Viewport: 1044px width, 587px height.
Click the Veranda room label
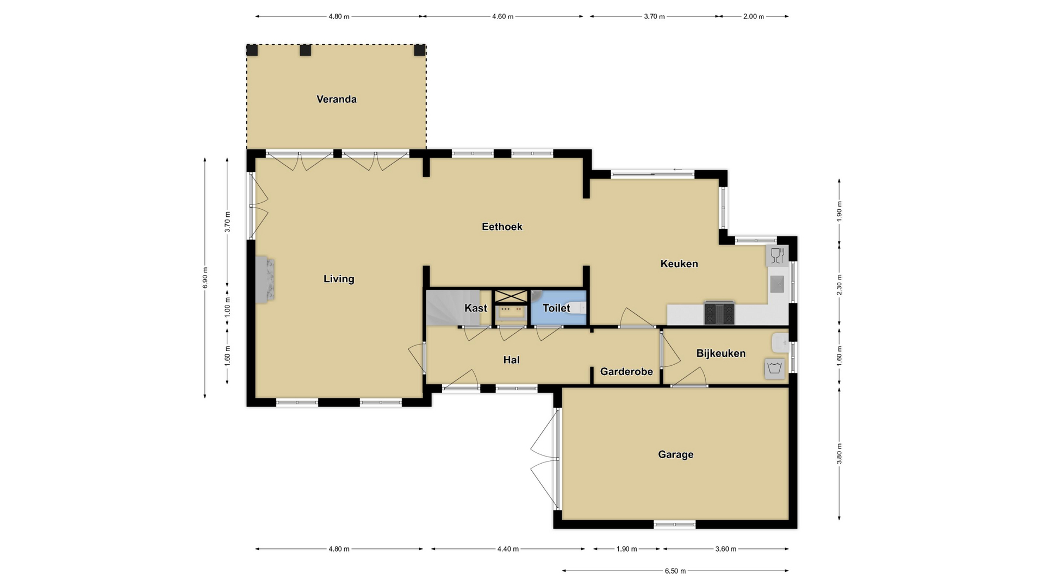pos(337,99)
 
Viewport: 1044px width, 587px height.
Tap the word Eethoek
pos(502,227)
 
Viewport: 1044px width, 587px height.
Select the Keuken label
pos(679,264)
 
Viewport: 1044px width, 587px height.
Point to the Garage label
pos(676,454)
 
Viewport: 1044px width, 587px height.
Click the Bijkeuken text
pos(721,353)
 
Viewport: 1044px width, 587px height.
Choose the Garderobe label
pos(626,372)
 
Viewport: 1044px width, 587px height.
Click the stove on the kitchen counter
pos(719,313)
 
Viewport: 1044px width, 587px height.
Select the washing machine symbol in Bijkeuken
pos(774,369)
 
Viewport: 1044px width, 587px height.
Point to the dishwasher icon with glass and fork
pos(777,255)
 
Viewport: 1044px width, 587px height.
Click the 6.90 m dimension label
pos(205,278)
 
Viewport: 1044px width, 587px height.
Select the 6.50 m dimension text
pos(675,571)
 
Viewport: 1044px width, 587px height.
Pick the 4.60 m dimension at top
pos(503,16)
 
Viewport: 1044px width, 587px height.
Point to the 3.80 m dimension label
pos(839,453)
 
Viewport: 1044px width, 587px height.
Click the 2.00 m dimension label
pos(754,16)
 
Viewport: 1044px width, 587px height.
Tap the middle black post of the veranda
pos(306,50)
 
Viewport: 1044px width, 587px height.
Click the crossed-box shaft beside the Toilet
pos(511,297)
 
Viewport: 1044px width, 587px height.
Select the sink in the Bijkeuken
pos(780,342)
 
